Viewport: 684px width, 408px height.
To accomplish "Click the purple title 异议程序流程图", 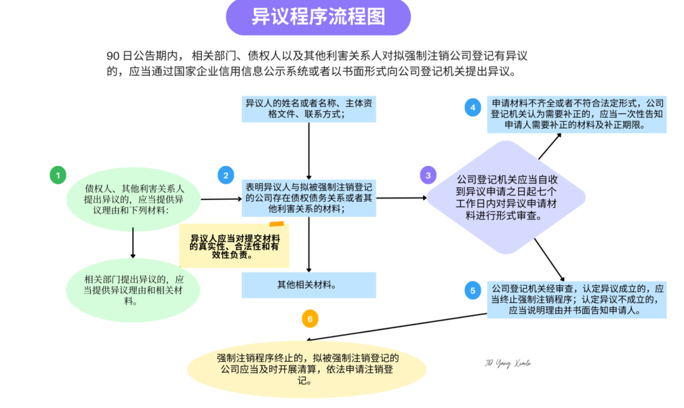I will point(318,18).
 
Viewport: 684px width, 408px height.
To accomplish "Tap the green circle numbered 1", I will point(58,175).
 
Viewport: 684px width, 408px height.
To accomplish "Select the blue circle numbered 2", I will point(225,175).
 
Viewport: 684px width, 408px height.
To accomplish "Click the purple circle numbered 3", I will point(428,175).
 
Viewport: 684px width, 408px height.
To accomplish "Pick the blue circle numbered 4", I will point(472,108).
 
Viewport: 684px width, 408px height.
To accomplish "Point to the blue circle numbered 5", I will point(472,291).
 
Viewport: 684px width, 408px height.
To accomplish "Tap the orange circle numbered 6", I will point(310,319).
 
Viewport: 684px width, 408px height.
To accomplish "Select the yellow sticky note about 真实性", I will point(234,246).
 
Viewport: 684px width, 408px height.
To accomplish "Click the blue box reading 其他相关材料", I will point(308,285).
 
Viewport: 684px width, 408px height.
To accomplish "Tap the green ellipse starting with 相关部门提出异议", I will point(133,290).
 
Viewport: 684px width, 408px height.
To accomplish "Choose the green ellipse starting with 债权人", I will point(133,199).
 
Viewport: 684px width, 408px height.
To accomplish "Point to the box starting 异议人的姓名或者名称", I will point(308,109).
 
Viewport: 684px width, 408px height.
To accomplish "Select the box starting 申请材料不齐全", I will point(576,114).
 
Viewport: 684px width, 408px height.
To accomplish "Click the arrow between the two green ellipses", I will point(133,242).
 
